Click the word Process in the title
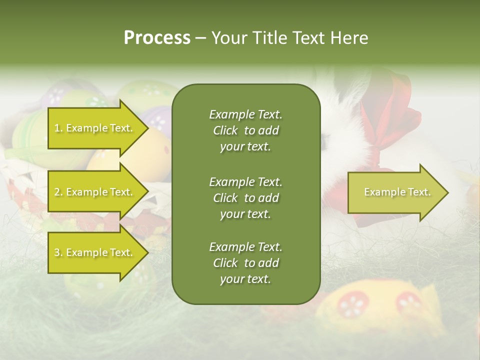click(x=157, y=37)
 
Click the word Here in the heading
click(x=349, y=37)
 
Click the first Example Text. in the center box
click(x=245, y=114)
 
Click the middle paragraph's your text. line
click(x=245, y=214)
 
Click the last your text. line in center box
click(x=245, y=279)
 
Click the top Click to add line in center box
click(x=245, y=131)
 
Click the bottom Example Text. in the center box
click(x=245, y=247)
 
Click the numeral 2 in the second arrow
click(x=56, y=192)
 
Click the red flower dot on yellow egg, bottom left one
click(x=353, y=304)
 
